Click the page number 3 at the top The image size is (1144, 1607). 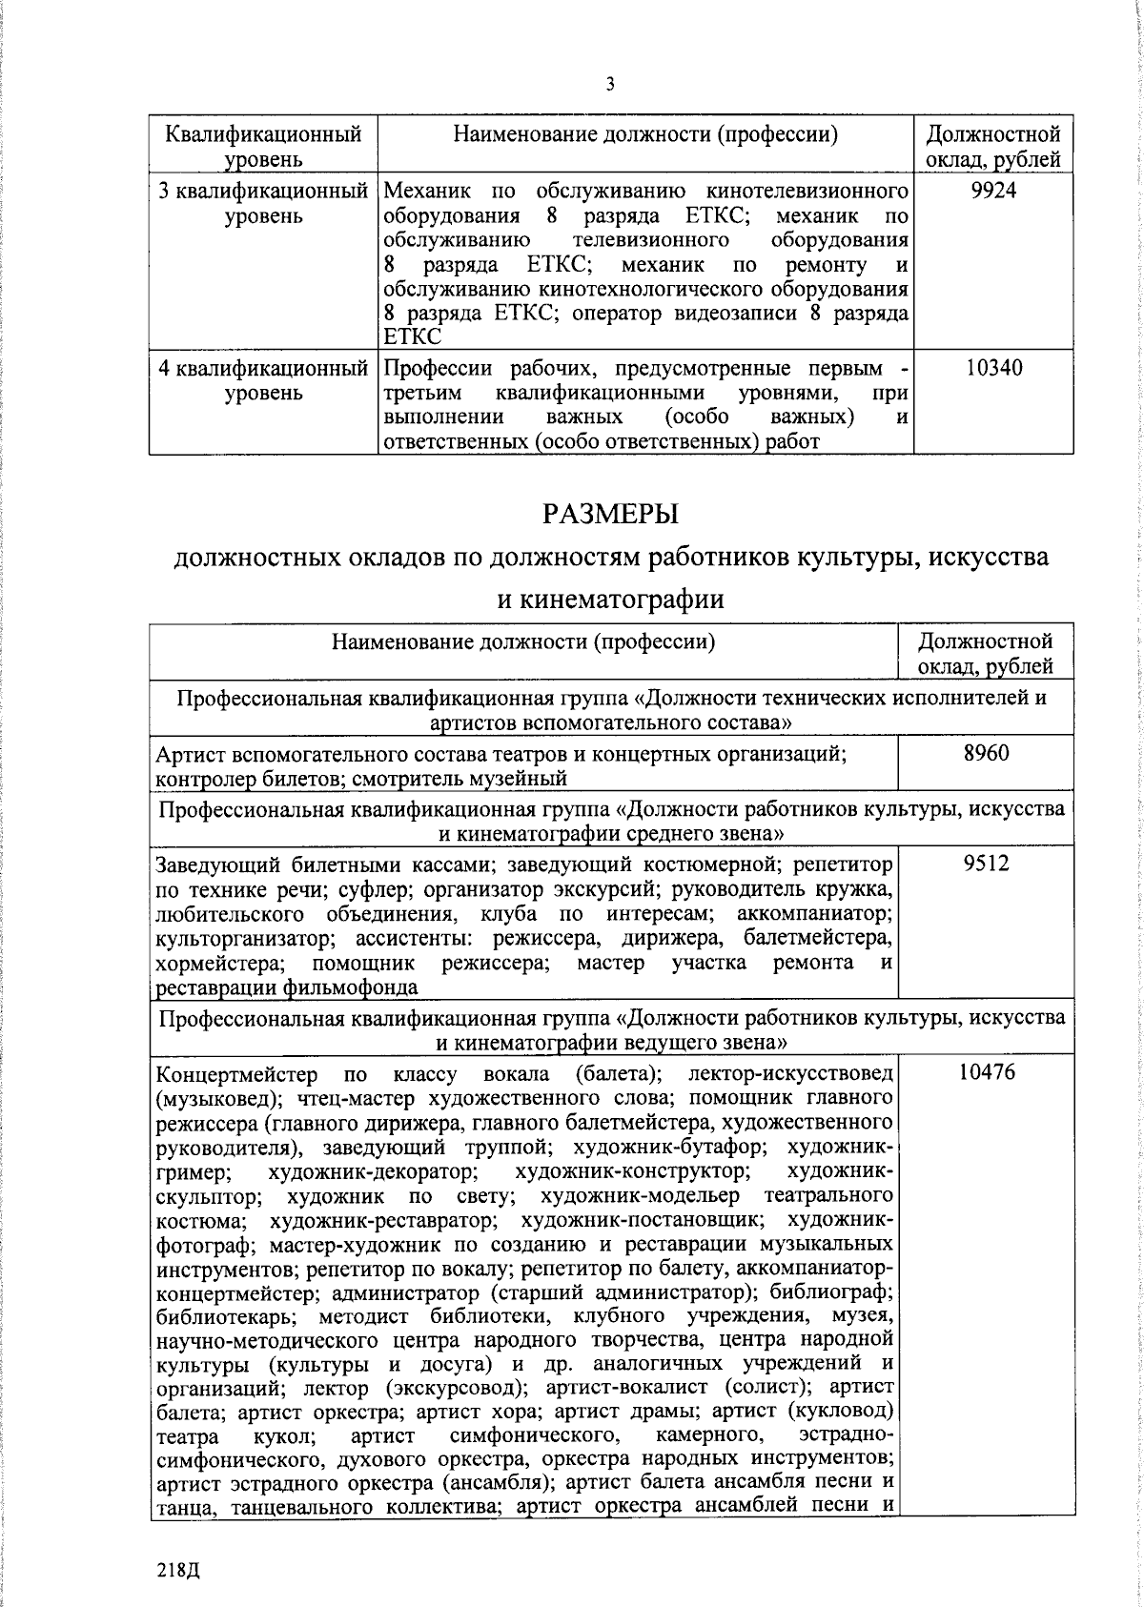pyautogui.click(x=610, y=84)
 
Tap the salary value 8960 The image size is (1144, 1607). pyautogui.click(x=986, y=753)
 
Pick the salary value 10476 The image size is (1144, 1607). pyautogui.click(x=986, y=1072)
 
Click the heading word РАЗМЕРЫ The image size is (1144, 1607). pyautogui.click(x=609, y=514)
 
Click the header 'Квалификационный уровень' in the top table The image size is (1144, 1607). pyautogui.click(x=263, y=146)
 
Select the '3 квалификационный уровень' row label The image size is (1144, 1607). pyautogui.click(x=263, y=202)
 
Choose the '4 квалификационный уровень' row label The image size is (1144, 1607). pyautogui.click(x=263, y=379)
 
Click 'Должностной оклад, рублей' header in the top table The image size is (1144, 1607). pyautogui.click(x=993, y=146)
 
